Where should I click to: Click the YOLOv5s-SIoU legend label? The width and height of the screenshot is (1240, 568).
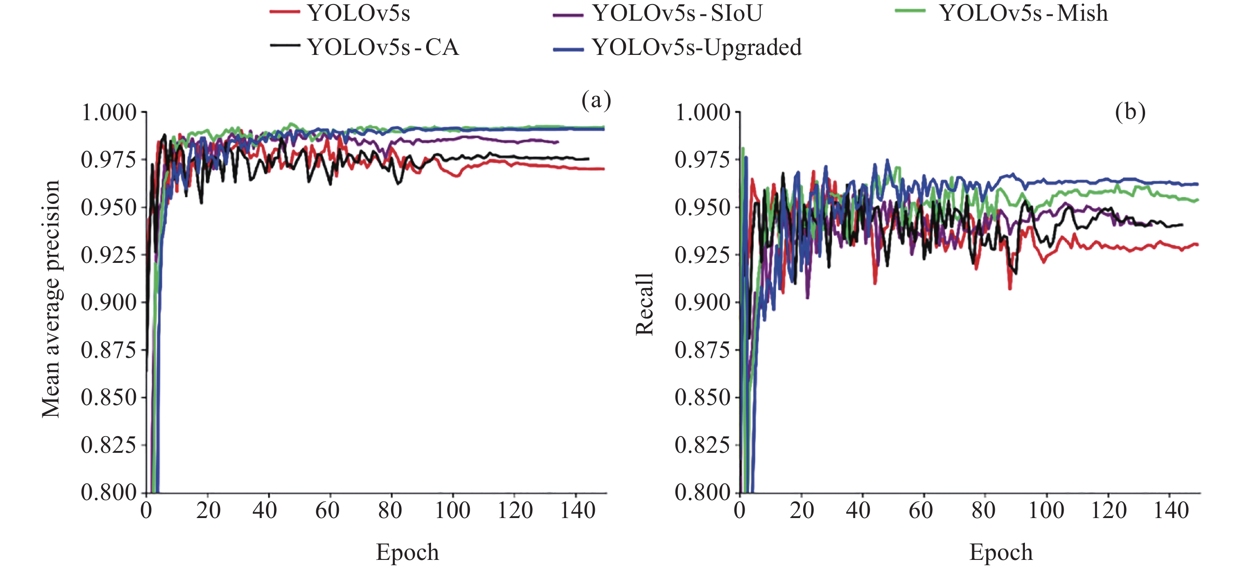click(678, 13)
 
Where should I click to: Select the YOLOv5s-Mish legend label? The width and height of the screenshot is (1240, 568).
click(1024, 13)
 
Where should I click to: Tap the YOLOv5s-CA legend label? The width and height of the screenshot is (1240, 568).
click(383, 47)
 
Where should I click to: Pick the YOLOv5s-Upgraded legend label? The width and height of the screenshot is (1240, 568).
click(697, 47)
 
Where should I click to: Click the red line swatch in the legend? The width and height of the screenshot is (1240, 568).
click(284, 12)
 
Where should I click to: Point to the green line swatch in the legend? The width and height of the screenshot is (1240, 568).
click(910, 11)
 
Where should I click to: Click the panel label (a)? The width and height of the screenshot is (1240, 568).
click(596, 101)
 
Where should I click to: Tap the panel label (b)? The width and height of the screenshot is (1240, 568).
click(1130, 112)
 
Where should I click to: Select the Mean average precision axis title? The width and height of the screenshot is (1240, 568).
click(50, 299)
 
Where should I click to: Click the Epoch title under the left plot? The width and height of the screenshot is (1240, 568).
click(407, 552)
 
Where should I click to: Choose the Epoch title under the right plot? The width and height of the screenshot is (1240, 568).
click(1001, 552)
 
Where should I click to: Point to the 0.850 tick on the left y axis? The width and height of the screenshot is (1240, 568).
click(109, 397)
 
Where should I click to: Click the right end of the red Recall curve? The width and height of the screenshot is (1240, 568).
click(1197, 245)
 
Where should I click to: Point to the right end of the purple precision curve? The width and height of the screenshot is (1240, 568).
click(558, 142)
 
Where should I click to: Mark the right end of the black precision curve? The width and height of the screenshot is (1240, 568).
click(588, 159)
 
